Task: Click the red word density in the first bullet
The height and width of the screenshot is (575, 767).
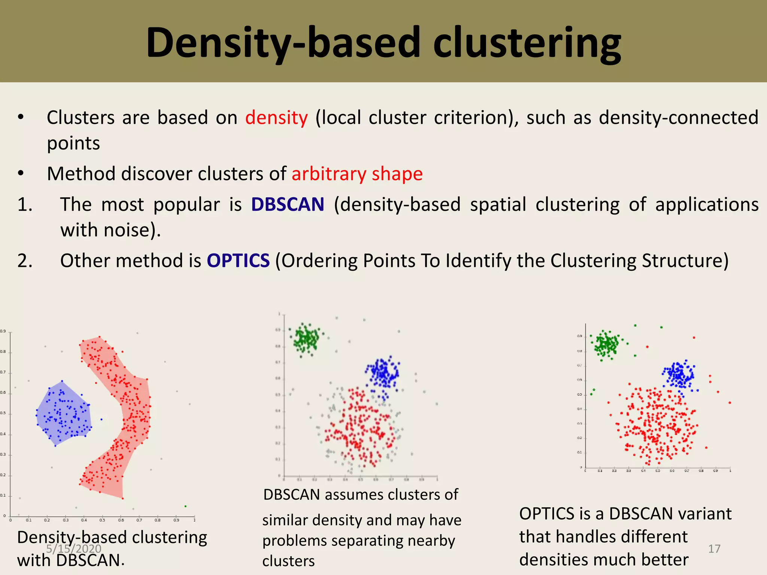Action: click(x=276, y=118)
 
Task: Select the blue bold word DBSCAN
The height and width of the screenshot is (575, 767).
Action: click(x=288, y=204)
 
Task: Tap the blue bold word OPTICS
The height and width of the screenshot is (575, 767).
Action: click(x=238, y=261)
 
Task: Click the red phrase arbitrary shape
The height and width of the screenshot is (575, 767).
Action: click(x=357, y=174)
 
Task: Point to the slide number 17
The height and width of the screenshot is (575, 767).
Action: click(x=714, y=549)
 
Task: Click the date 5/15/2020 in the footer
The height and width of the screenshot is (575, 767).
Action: click(x=74, y=549)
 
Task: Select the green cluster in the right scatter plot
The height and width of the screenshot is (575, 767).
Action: click(x=606, y=344)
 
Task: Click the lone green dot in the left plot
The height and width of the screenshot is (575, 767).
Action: click(x=185, y=506)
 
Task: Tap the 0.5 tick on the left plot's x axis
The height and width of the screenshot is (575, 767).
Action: click(x=102, y=520)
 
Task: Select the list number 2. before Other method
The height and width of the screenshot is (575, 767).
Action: click(x=25, y=261)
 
